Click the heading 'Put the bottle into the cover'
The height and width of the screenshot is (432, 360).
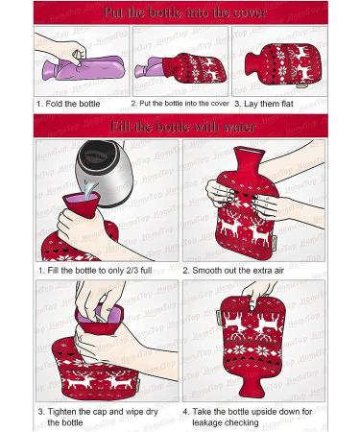[180, 12]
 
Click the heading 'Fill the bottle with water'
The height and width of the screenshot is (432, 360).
[180, 126]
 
